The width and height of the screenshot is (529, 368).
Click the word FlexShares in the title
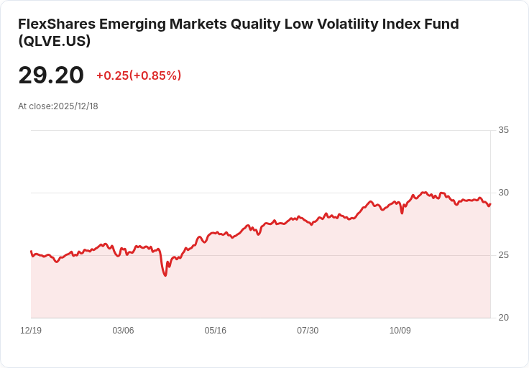point(56,24)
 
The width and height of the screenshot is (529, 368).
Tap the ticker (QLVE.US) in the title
point(55,42)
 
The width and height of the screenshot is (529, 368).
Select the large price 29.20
point(51,75)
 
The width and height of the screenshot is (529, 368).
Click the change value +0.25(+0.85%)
point(139,75)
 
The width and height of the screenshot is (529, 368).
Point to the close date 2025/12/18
point(75,106)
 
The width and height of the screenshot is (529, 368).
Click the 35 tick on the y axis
point(503,130)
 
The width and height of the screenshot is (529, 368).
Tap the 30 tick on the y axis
point(503,193)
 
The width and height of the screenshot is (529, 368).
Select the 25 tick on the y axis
point(503,255)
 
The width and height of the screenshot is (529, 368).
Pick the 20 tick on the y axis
point(503,318)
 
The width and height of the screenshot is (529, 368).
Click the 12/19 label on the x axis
point(31,331)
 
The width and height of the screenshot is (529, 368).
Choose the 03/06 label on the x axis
point(123,331)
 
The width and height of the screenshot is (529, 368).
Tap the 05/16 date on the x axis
point(216,331)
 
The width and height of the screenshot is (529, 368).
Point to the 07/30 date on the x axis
point(308,331)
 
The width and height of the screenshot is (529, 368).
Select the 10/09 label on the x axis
point(400,331)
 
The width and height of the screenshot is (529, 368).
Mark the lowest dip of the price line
point(165,275)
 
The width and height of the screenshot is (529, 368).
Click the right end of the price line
point(490,204)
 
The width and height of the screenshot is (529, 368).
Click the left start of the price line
point(31,252)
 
